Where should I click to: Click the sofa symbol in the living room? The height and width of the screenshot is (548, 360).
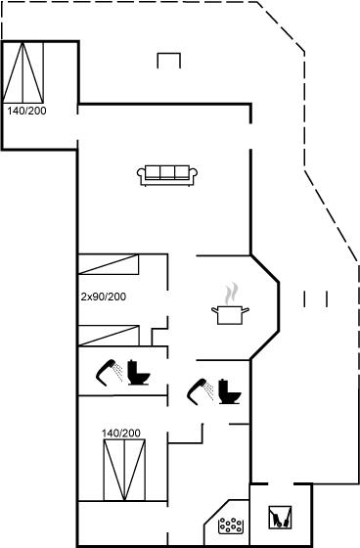pos(167,175)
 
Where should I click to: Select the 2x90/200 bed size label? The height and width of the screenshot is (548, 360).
pos(104,297)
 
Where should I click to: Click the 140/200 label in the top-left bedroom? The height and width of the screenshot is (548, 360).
pos(27,111)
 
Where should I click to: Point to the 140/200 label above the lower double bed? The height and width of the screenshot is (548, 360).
pos(121,433)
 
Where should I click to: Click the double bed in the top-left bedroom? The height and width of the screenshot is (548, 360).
pos(23,72)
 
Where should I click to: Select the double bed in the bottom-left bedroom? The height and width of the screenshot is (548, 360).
pos(124,470)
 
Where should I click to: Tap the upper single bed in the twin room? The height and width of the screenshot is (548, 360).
pos(109,264)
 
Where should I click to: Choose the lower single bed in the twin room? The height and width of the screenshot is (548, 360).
pos(109,336)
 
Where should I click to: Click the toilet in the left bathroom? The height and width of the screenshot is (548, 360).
pos(138,373)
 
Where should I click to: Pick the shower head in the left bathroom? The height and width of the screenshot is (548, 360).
pos(109,373)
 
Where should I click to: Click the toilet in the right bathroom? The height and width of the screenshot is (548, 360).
pos(230,391)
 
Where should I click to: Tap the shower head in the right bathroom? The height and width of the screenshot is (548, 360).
pos(200,391)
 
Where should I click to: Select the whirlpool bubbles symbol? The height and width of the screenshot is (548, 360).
pos(230,525)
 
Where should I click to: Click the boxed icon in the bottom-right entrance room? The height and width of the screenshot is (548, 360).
pos(280,518)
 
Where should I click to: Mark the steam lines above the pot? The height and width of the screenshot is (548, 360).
pos(232,294)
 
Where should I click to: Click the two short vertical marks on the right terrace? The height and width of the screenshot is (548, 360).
pos(315,298)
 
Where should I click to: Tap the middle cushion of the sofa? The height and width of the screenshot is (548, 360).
pos(167,172)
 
